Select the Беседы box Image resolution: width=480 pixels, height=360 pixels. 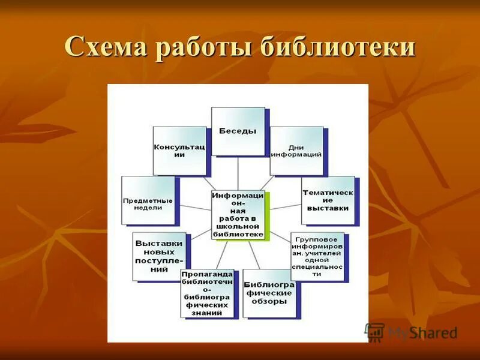tap(238, 131)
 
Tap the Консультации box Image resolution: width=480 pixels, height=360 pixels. tap(179, 150)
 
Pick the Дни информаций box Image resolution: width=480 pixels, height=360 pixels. tap(296, 150)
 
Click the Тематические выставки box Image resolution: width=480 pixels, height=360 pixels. tap(328, 200)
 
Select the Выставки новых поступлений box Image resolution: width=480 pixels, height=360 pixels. tap(158, 256)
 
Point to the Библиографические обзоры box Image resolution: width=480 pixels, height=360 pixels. tap(269, 293)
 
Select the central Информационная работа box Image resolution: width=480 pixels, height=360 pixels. tap(238, 215)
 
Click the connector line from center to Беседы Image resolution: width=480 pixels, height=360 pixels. tap(238, 173)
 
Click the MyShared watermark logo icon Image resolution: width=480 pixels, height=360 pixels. tap(375, 332)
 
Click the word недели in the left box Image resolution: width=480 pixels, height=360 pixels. tap(148, 208)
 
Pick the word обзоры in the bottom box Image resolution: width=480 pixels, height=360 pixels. tap(269, 301)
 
